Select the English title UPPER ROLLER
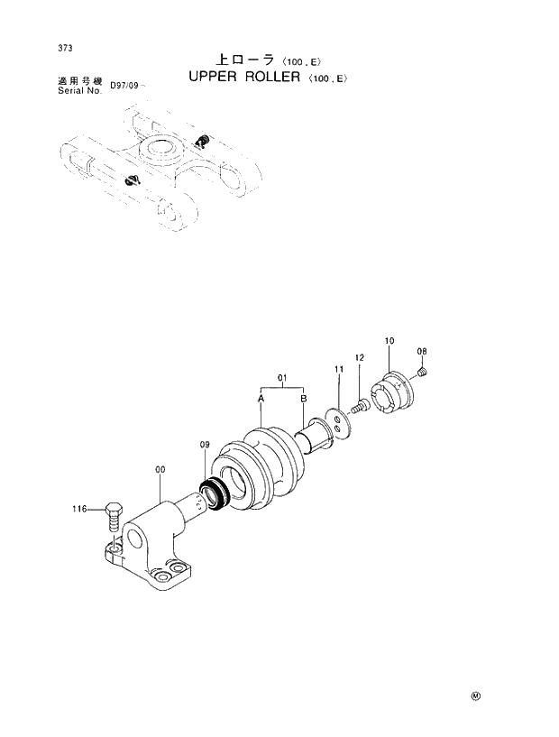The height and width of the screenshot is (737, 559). [x=244, y=78]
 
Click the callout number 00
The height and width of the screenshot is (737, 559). [x=160, y=469]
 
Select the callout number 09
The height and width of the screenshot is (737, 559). [x=205, y=445]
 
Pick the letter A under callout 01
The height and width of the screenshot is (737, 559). [x=261, y=398]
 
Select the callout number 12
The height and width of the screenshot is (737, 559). [x=359, y=358]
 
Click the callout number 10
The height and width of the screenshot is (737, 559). [x=389, y=341]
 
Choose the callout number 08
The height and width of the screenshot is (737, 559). [x=421, y=351]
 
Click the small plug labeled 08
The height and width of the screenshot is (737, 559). [x=425, y=370]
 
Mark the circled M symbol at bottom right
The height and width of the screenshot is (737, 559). [x=474, y=696]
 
